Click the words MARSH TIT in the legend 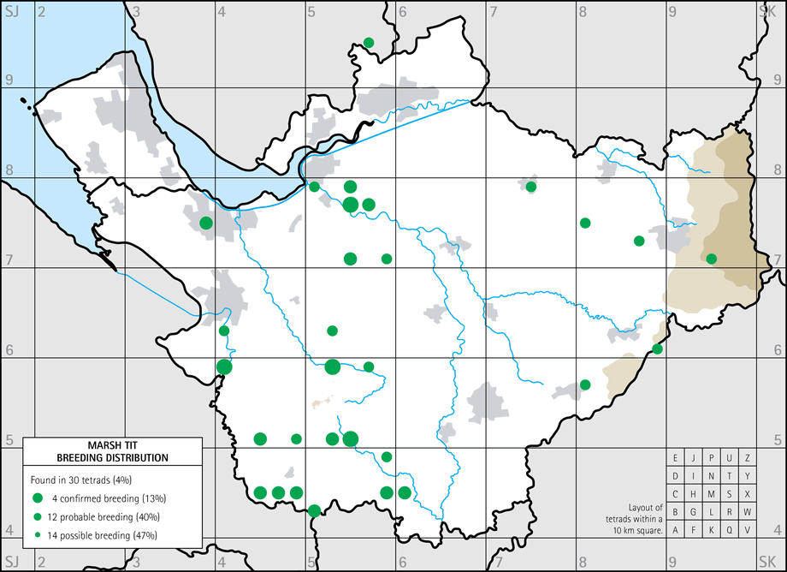tap(113, 445)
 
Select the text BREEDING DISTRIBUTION tap(113, 457)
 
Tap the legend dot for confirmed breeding tap(38, 498)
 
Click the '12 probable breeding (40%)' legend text tap(107, 516)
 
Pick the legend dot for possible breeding tap(38, 535)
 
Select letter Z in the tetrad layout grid tap(748, 458)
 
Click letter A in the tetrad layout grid tap(676, 530)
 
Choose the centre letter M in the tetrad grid tap(712, 494)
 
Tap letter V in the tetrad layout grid tap(748, 530)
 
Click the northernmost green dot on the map tap(369, 43)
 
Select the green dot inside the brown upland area tap(711, 259)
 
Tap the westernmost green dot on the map tap(206, 223)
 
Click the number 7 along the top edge tap(494, 11)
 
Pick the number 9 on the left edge tap(9, 80)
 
